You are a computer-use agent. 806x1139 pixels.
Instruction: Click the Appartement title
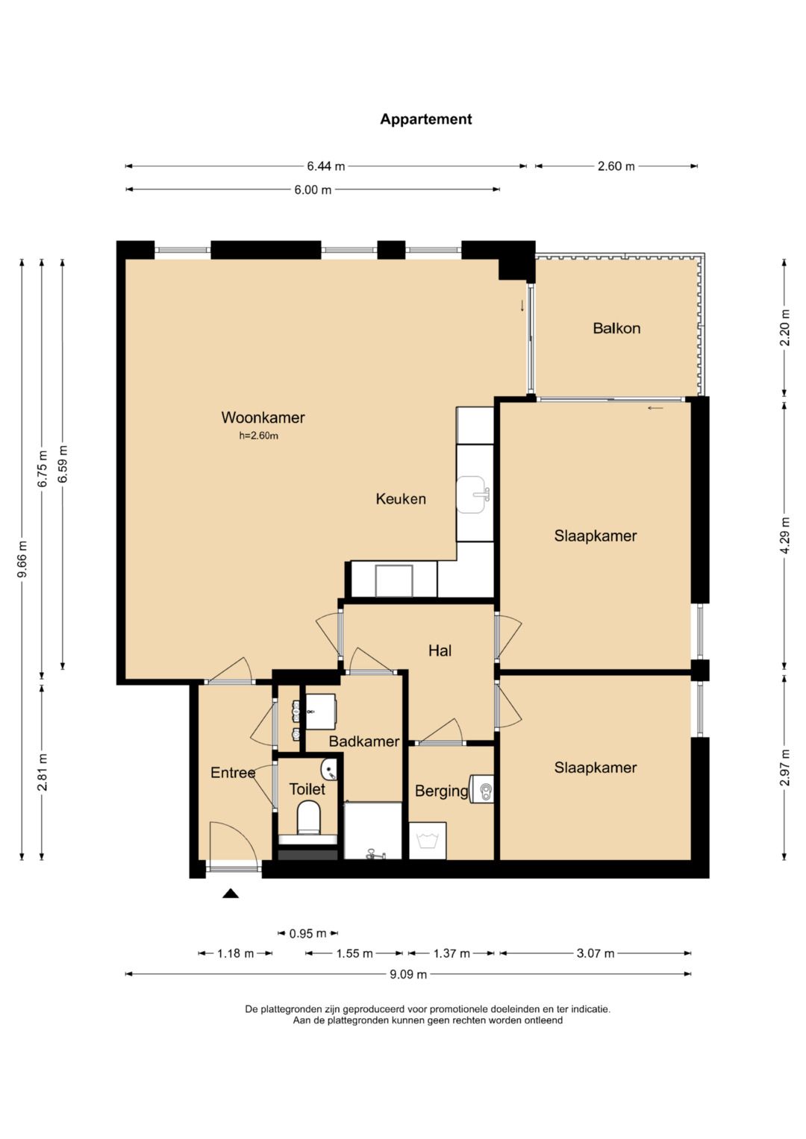coord(426,119)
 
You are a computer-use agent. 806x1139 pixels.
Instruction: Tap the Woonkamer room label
coord(263,418)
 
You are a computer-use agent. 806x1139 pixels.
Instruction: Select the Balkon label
coord(616,328)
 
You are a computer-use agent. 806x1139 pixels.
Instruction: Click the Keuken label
coord(401,499)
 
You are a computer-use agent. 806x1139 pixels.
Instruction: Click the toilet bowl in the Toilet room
coord(308,818)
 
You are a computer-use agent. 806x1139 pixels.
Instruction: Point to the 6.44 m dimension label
coord(325,166)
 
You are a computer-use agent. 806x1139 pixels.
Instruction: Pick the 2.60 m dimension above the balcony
coord(616,166)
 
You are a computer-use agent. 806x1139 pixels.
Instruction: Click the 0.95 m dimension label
coord(307,933)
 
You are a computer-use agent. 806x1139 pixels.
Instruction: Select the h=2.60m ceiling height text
coord(258,436)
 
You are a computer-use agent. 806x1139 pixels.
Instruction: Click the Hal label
coord(440,650)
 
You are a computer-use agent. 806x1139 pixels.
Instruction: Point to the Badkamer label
coord(364,741)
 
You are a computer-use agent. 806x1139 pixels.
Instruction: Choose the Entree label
coord(233,772)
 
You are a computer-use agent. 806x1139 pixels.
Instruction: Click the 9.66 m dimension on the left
coord(22,559)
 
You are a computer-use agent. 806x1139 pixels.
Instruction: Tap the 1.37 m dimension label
coord(451,953)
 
